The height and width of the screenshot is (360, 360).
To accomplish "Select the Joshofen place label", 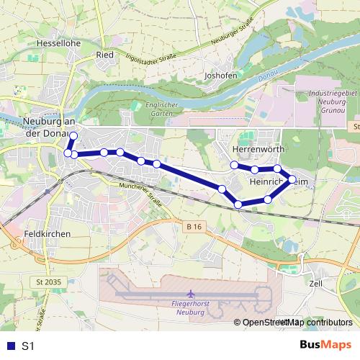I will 221,74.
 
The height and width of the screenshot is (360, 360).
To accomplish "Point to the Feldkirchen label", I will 46,235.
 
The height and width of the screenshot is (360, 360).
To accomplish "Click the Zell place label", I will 315,284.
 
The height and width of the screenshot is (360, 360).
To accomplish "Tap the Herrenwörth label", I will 259,149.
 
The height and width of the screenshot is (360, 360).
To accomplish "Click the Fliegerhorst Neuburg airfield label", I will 190,308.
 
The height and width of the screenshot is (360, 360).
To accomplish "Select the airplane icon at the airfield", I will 190,294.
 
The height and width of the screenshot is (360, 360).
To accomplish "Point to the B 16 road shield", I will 192,227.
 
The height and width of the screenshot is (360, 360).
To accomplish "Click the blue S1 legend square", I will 9,346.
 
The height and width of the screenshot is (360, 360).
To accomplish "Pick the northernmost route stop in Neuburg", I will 73,135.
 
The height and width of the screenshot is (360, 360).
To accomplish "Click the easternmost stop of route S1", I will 292,179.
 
